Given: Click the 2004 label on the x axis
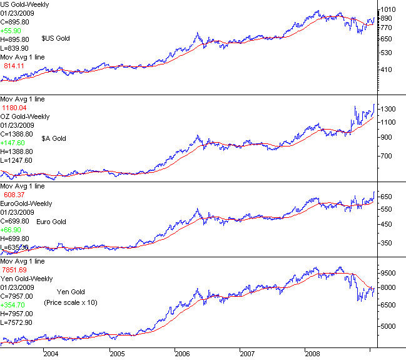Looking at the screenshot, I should click(51, 353).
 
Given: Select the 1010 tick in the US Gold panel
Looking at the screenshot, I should click(389, 9).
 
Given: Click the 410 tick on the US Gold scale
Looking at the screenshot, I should click(387, 69).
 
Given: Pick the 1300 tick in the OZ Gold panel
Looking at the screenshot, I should click(389, 109).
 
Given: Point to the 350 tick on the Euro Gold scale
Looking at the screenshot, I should click(387, 243).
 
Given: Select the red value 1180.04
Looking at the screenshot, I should click(19, 108).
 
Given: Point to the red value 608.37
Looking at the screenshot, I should click(17, 195).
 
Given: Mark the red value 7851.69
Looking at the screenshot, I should click(19, 270).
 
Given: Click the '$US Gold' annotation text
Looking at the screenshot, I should click(56, 39).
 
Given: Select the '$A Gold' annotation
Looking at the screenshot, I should click(54, 138).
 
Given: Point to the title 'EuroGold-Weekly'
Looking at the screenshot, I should click(26, 203).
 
